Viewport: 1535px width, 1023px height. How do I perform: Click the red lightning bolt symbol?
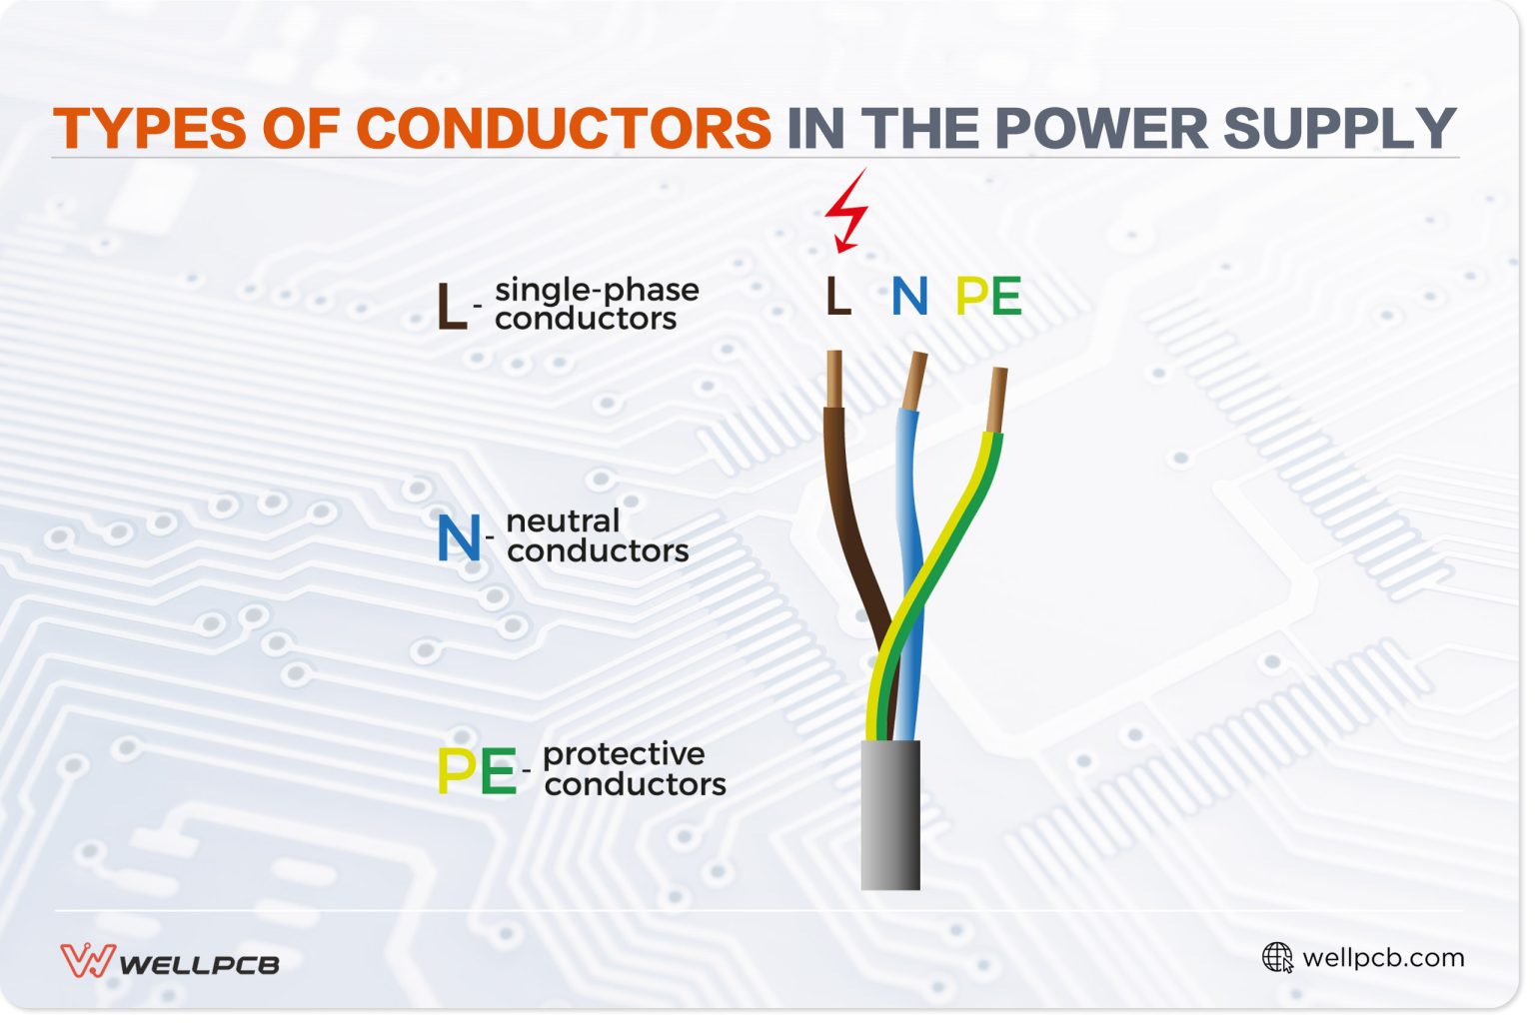click(845, 211)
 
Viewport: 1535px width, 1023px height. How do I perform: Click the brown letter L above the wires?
click(837, 297)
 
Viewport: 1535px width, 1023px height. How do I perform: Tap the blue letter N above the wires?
click(909, 297)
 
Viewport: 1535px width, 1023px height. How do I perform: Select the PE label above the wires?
click(988, 297)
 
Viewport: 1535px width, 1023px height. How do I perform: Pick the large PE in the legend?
click(477, 771)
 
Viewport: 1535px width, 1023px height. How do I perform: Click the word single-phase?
click(597, 290)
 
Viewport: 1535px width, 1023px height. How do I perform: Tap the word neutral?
click(563, 520)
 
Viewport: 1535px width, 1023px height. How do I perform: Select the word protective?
click(624, 753)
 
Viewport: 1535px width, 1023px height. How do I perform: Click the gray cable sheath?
click(890, 814)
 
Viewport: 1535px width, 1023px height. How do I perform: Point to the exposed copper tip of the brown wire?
click(834, 379)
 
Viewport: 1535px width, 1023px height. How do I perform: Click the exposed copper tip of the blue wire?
click(913, 381)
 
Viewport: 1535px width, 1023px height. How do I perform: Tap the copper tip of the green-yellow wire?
click(996, 399)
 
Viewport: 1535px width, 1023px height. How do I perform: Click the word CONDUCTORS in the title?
click(563, 129)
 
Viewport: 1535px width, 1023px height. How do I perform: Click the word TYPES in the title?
click(150, 129)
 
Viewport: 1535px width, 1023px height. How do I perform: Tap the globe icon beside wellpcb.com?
click(1277, 957)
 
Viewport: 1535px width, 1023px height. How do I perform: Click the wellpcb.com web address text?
click(1383, 957)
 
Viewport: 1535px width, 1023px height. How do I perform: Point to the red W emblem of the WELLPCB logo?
click(87, 961)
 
